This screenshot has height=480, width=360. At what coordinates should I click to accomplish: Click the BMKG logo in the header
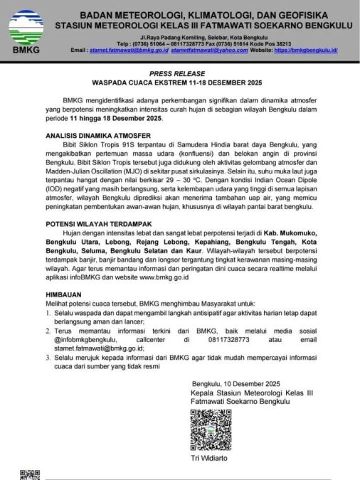point(26,33)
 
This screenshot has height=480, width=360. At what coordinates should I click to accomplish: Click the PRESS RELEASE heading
point(179,73)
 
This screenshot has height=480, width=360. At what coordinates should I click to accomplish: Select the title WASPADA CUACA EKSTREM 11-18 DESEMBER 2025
point(179,82)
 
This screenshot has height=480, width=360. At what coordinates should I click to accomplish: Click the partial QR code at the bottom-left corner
point(28,474)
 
